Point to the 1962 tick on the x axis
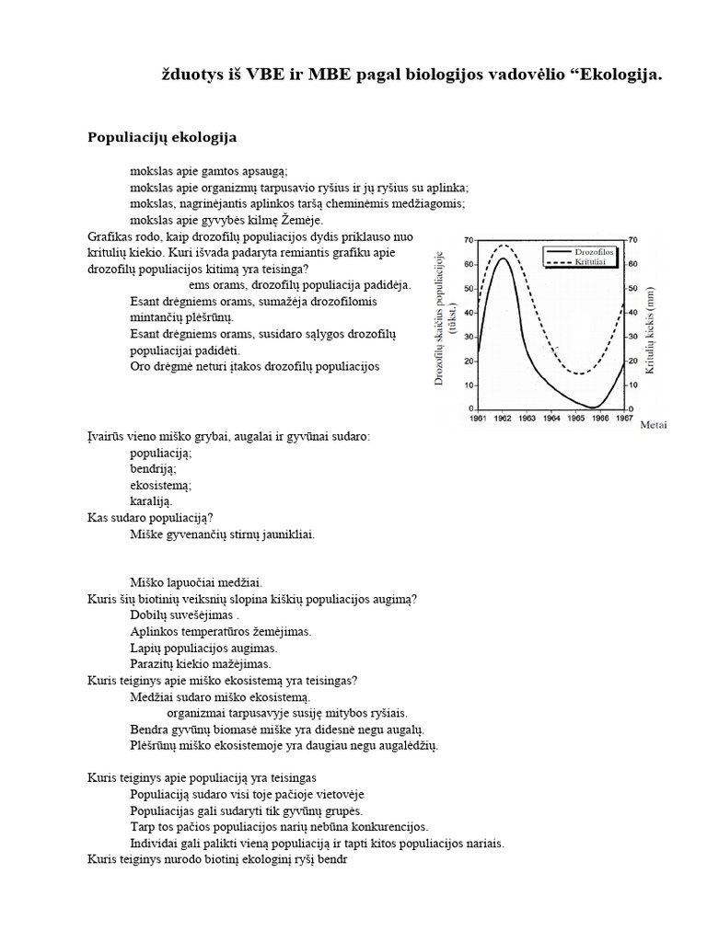pos(503,417)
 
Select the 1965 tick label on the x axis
pos(575,417)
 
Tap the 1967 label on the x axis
pos(623,417)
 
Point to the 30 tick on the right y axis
pos(633,336)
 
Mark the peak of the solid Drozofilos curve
pos(503,258)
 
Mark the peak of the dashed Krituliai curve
pos(503,245)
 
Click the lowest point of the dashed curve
pos(579,373)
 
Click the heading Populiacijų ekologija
pos(162,137)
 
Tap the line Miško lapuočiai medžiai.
pos(197,582)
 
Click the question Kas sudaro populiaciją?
pos(151,518)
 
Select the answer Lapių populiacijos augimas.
pos(191,648)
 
